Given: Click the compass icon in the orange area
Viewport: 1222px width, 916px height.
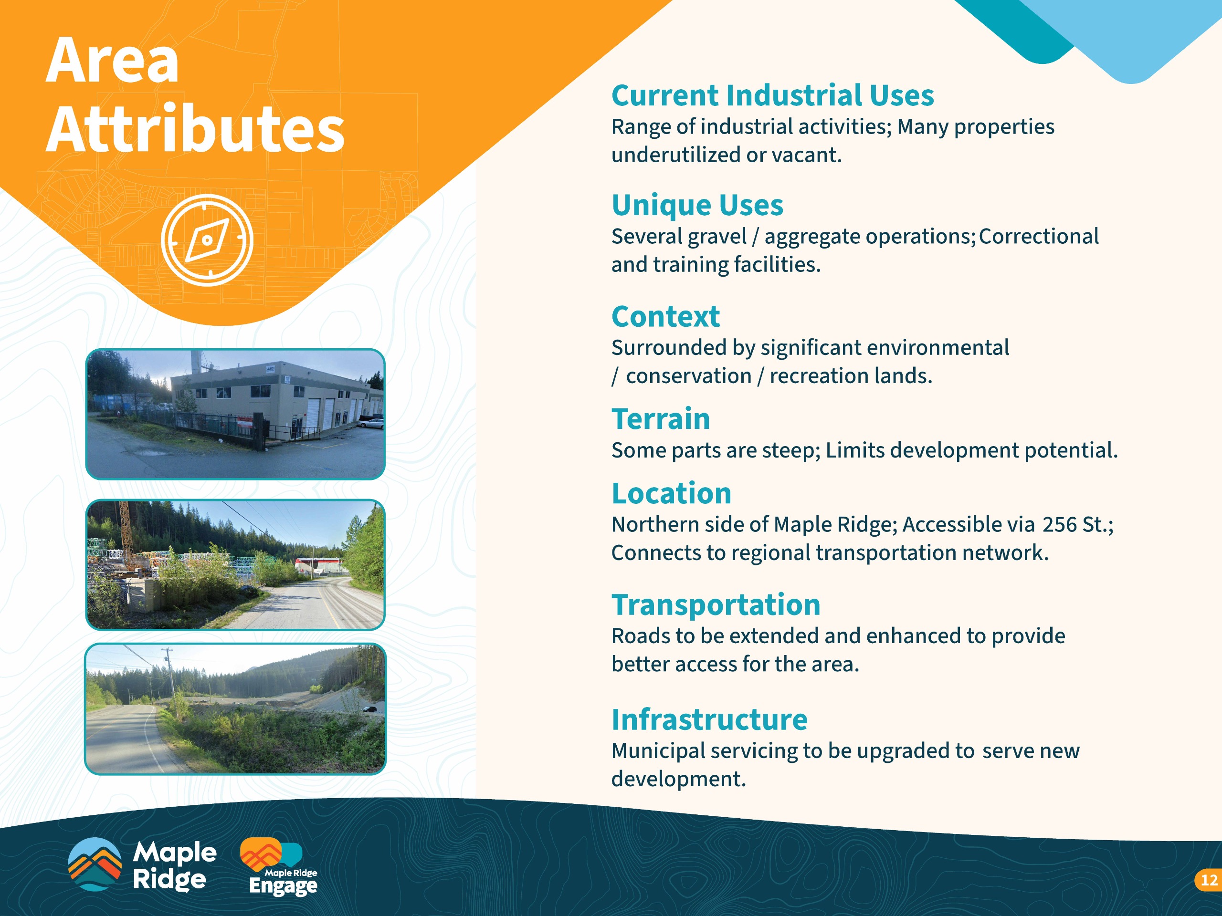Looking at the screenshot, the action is (207, 240).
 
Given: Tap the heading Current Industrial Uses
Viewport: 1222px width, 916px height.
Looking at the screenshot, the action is (772, 95).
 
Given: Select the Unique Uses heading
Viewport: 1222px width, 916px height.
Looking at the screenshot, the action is (697, 206).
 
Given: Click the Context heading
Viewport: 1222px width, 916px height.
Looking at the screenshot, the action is (666, 316).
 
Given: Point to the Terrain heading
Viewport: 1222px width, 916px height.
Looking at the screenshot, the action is (661, 418).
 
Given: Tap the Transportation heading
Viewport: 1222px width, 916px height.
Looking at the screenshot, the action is (716, 604).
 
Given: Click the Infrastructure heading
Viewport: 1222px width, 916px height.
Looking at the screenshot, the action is (709, 719).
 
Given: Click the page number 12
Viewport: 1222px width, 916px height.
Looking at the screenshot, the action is (1209, 880).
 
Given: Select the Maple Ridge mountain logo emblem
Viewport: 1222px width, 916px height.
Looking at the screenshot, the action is (95, 864).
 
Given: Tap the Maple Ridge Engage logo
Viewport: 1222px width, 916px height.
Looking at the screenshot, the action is (279, 866).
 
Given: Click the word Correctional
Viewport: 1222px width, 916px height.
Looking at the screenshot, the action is (1039, 236).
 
